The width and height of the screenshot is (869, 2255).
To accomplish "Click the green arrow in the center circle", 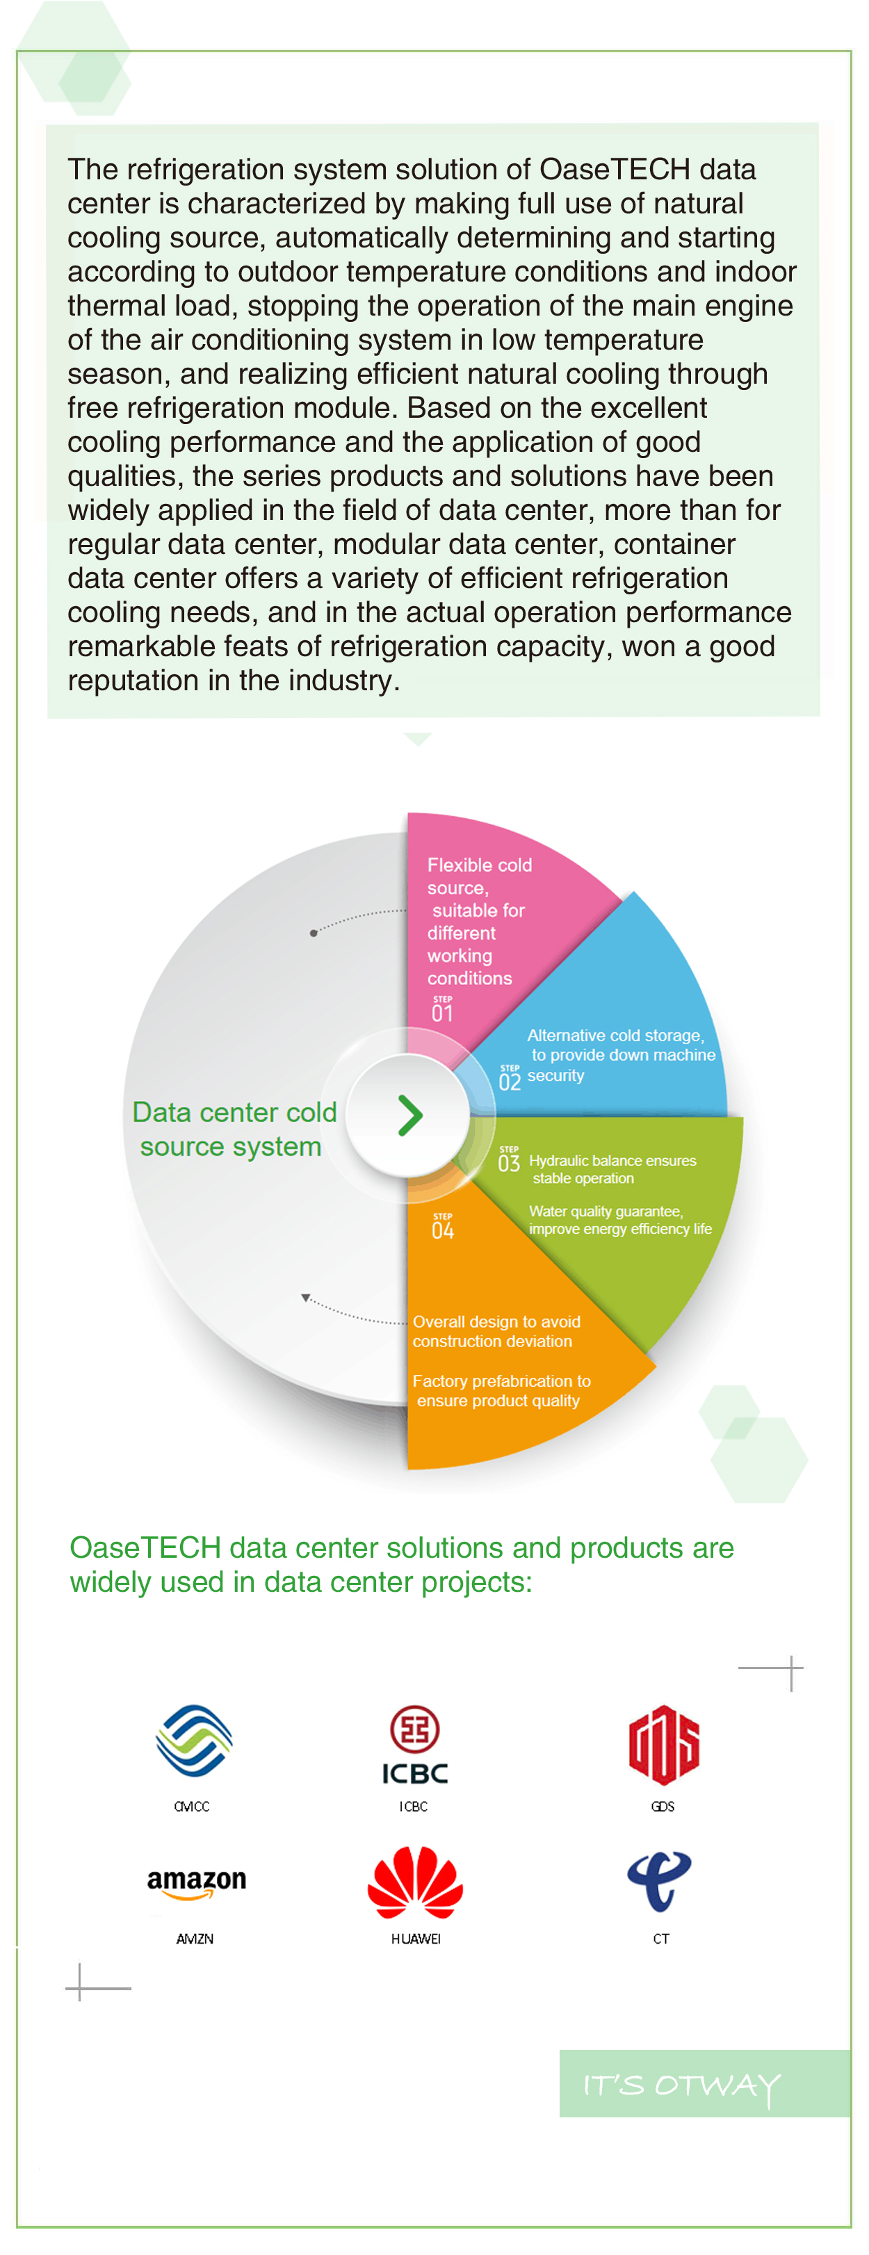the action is (x=409, y=1115).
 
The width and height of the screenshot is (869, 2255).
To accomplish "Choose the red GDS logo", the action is (x=663, y=1744).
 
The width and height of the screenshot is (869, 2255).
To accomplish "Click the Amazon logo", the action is (x=196, y=1884).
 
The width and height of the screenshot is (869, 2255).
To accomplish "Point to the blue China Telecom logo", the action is (x=659, y=1880).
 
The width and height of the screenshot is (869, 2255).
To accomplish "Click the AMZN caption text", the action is (x=194, y=1939).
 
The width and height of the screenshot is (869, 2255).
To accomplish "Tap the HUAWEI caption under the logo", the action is (x=416, y=1939).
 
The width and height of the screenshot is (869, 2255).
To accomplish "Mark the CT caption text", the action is (x=660, y=1939).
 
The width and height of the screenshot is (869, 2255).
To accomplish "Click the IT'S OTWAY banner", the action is (x=704, y=2083).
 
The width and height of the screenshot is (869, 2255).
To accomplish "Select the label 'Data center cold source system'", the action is (x=234, y=1130).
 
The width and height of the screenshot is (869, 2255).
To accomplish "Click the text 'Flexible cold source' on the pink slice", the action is (x=479, y=877).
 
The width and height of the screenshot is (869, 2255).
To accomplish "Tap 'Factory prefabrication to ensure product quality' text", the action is (x=501, y=1391).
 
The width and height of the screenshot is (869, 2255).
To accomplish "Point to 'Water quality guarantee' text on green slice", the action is (x=605, y=1212).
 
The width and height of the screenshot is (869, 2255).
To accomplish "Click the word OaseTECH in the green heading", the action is (x=145, y=1547).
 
